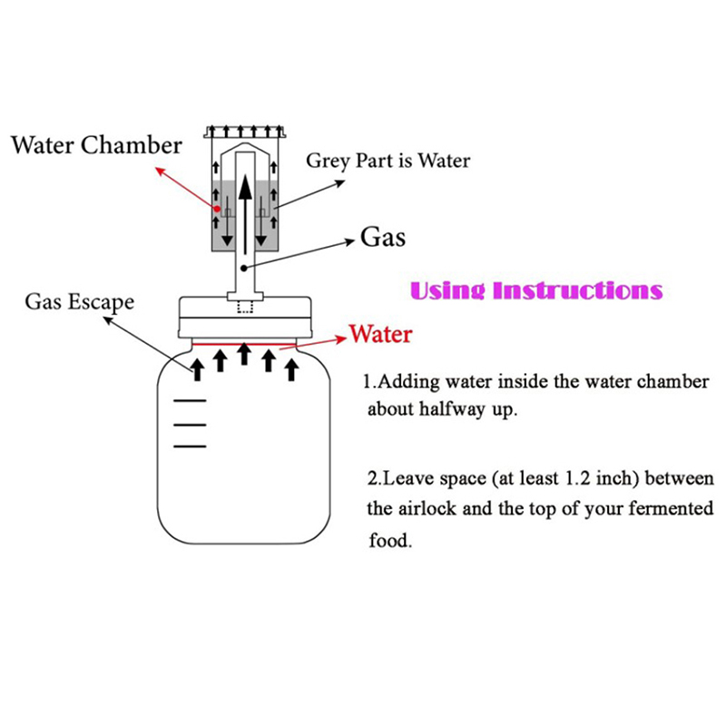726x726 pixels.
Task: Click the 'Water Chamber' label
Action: tap(96, 144)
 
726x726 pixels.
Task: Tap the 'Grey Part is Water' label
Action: tap(388, 162)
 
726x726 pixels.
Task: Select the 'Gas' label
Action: tap(383, 238)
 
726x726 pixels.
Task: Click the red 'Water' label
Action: tap(380, 334)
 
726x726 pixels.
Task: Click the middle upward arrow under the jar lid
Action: tap(244, 353)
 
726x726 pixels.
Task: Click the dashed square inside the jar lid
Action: tap(243, 306)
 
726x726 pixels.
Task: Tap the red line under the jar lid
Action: tap(245, 344)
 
